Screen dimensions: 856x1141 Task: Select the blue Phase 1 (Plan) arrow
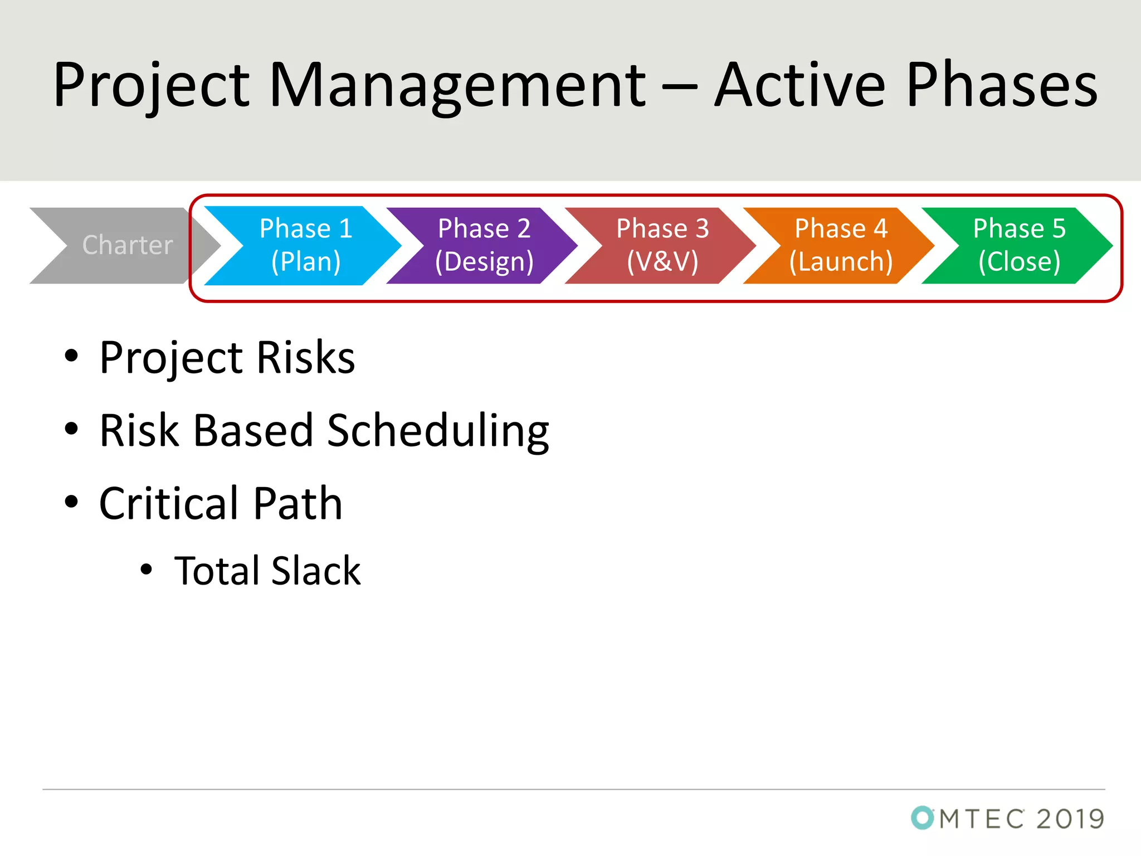305,245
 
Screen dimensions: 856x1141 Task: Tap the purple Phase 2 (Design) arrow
484,245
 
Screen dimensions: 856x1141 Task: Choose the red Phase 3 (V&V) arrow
662,245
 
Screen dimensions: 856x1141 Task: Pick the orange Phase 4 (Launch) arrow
840,245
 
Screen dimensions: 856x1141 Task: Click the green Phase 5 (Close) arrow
1018,245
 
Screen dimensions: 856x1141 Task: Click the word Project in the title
150,86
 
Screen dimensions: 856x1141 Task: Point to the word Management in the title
457,86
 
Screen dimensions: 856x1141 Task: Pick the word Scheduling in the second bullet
438,431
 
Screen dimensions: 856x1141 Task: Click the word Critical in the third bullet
169,503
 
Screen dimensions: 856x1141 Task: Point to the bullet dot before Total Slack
146,570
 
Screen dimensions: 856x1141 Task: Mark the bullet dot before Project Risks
71,356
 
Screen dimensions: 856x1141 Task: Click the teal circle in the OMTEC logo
922,818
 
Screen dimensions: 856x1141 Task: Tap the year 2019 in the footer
1070,819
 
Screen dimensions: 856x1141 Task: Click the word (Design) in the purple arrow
484,261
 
